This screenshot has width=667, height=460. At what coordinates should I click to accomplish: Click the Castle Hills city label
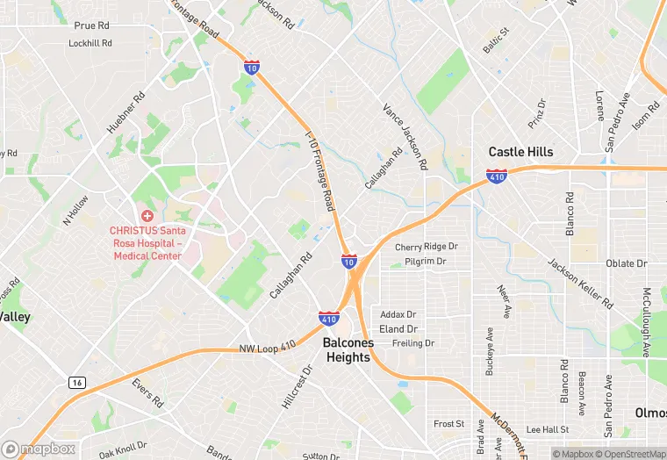coord(520,152)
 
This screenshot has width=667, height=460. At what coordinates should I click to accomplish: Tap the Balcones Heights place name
coord(348,350)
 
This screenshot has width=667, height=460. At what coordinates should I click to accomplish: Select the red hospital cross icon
coord(147,216)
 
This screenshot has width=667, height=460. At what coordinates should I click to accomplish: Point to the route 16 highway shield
coord(76,383)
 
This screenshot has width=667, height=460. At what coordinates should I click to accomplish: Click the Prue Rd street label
coord(90,26)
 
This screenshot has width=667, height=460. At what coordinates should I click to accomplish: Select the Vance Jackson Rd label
coord(405,135)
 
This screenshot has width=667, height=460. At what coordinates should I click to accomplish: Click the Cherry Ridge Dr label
coord(426,248)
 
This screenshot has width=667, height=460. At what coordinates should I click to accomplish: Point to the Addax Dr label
coord(398,314)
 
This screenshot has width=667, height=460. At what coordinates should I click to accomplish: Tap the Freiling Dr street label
coord(412,343)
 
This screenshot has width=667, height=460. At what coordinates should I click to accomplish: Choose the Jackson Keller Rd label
coord(580,282)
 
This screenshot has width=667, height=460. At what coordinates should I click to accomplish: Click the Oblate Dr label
coord(626,263)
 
